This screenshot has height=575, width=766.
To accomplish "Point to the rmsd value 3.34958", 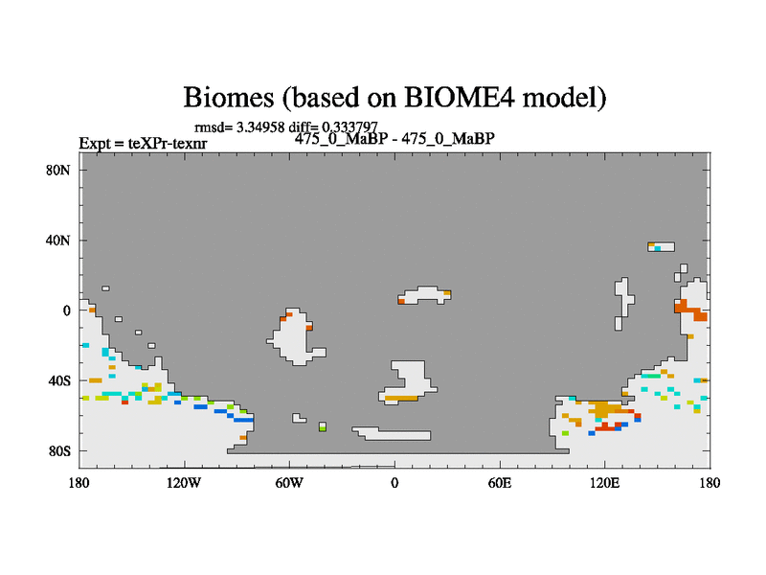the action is coord(260,127).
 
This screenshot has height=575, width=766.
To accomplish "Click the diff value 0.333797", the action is coord(349,127).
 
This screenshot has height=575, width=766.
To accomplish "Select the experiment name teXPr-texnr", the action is coord(168,143).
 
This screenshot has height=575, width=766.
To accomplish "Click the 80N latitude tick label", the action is coord(58,171).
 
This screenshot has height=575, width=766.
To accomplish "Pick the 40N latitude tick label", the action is coord(58,241).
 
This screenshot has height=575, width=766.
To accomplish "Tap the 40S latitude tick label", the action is coord(59,380).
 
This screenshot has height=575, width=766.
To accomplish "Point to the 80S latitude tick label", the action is coord(59,450).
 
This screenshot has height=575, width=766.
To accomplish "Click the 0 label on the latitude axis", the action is coord(66,310).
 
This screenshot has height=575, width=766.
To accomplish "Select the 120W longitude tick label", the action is coord(184,483).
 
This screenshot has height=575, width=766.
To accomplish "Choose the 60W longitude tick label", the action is coord(289,483).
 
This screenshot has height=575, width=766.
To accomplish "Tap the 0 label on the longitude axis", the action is coord(394,483).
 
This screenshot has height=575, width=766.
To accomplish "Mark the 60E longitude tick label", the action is coord(500,483).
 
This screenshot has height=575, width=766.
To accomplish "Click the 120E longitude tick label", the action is coord(605,483).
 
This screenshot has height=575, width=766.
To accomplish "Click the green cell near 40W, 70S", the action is coord(323,428).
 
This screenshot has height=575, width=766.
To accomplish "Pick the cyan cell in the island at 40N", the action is coord(658,249).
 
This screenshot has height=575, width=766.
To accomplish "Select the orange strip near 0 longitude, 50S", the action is coord(401,399).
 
